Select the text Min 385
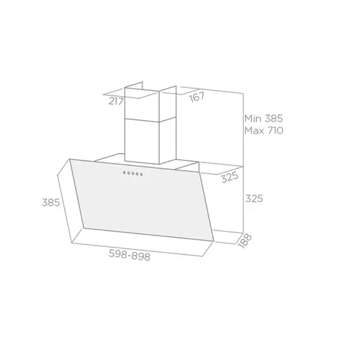[263, 119]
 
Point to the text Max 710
[263, 131]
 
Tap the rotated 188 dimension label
[241, 242]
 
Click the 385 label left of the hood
[51, 203]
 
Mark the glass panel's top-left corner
[71, 159]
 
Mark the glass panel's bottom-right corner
[213, 241]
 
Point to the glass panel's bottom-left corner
[84, 225]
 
